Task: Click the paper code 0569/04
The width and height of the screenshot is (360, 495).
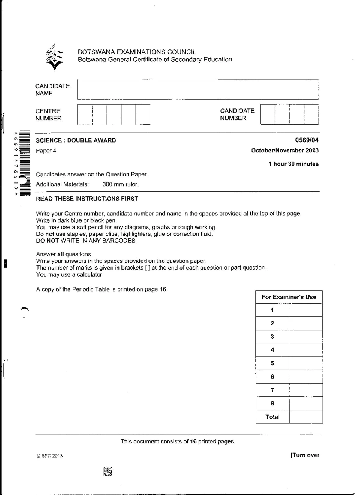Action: click(x=307, y=140)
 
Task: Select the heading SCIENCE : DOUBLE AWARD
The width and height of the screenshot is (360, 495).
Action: click(x=76, y=140)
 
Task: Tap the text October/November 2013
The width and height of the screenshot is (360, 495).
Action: click(x=285, y=151)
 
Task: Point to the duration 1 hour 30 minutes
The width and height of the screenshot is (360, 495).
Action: click(x=293, y=164)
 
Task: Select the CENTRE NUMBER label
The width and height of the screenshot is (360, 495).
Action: click(x=48, y=115)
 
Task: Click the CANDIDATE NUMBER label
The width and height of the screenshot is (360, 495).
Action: click(x=237, y=114)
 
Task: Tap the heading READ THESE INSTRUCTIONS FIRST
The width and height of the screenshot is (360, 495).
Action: click(x=87, y=199)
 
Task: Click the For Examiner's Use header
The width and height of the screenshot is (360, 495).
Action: click(x=289, y=297)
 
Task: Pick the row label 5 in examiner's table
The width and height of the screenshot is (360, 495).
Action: click(x=272, y=363)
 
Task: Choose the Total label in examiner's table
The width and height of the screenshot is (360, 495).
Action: click(x=272, y=417)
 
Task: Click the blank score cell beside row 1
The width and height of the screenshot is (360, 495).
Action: click(x=306, y=310)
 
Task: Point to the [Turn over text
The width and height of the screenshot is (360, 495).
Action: click(x=305, y=455)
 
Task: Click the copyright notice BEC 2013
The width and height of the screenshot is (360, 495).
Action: click(x=50, y=456)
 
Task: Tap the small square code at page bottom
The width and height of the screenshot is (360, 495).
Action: click(x=108, y=471)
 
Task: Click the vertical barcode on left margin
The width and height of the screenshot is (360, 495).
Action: click(x=25, y=163)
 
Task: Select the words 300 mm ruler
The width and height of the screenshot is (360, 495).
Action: click(x=121, y=184)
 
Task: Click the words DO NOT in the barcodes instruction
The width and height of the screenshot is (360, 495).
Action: click(x=47, y=241)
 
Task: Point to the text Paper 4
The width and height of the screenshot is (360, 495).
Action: click(x=46, y=151)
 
